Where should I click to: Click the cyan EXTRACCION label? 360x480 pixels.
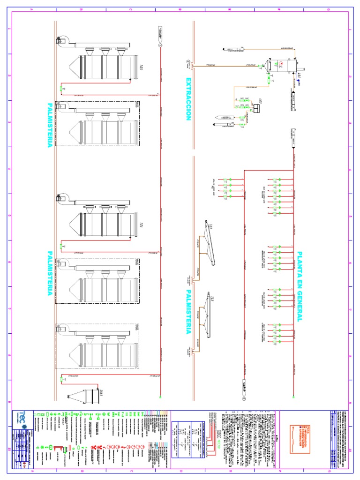188,99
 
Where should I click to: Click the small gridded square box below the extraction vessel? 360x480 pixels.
257,108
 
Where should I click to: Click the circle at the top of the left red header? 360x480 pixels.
160,46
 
